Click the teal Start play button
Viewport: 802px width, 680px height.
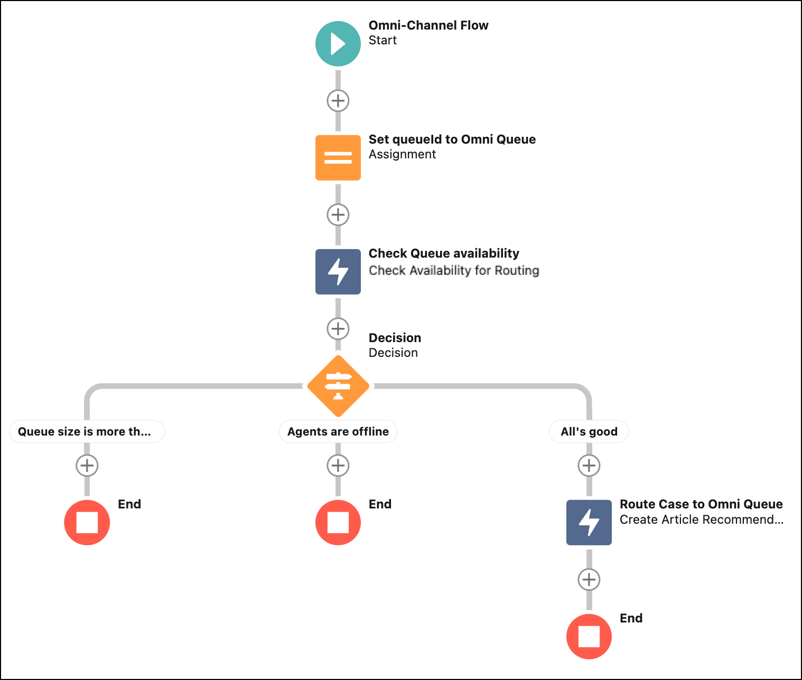pos(338,44)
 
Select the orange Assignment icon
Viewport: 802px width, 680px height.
pos(338,158)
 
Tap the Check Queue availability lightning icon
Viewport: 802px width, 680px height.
pos(338,272)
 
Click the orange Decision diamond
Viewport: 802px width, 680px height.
pos(338,386)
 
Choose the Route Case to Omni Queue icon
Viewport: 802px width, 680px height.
pos(589,523)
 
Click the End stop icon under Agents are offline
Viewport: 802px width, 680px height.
pos(338,523)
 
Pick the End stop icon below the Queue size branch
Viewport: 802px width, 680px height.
pos(87,523)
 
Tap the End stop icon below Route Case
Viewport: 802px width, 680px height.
pos(589,637)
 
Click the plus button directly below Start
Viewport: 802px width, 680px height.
pos(338,101)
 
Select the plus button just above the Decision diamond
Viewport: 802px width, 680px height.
pos(338,329)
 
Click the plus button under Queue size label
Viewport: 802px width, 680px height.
pos(87,466)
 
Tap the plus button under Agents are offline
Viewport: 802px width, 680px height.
pos(338,466)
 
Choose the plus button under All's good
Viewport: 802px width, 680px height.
pos(589,466)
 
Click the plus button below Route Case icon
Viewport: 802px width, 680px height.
pos(589,580)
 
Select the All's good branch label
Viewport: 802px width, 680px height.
pos(589,431)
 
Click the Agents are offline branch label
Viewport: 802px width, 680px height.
pos(338,431)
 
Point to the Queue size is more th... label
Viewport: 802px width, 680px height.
pos(87,431)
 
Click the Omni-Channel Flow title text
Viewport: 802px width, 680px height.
pos(428,25)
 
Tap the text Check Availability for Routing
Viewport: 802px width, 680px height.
pos(454,270)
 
